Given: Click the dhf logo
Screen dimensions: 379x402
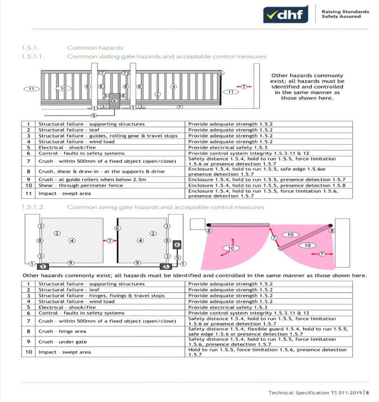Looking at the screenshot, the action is (x=286, y=14).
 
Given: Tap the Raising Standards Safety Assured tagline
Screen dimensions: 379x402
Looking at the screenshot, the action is (x=345, y=14).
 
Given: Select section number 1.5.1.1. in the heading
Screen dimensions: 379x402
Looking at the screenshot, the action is (x=33, y=56).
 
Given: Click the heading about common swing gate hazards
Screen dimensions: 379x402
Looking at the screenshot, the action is (x=165, y=207).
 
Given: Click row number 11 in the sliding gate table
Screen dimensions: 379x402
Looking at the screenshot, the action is (x=28, y=193).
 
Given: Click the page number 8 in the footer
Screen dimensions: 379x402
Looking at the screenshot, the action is (x=368, y=393).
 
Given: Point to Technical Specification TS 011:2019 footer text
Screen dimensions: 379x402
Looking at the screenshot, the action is (x=316, y=393).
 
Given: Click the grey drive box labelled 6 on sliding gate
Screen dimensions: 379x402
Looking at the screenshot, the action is (x=115, y=101).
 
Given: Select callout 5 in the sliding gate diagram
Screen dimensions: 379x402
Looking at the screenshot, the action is (x=94, y=115).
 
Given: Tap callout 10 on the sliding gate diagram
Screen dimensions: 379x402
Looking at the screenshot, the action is (x=63, y=88).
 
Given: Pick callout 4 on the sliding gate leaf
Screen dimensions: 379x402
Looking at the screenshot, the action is (x=174, y=87).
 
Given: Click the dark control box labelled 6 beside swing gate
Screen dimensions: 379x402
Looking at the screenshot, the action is (x=177, y=245).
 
